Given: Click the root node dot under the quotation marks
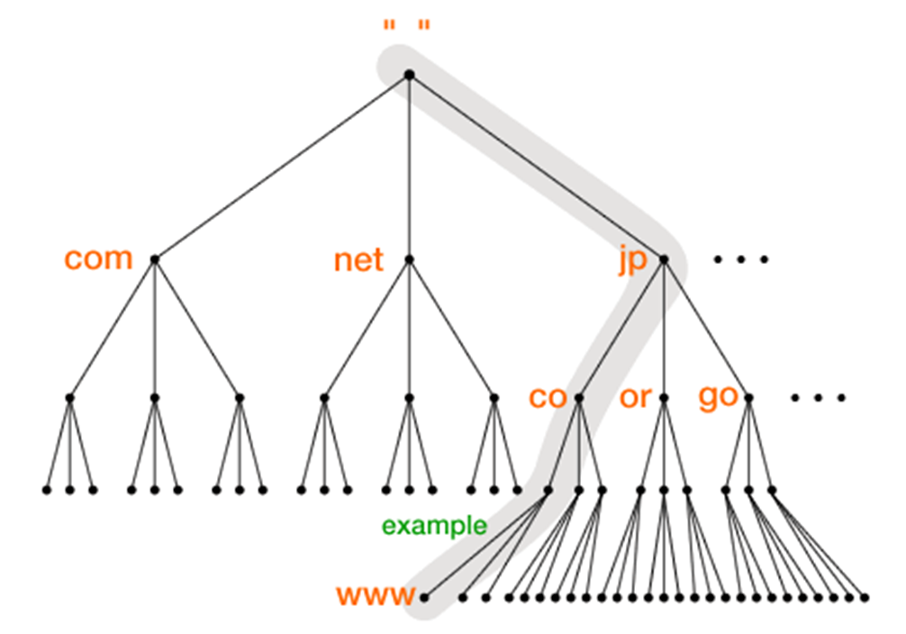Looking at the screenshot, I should [x=409, y=75].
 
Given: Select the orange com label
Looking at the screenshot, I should [x=98, y=258].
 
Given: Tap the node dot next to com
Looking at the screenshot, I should [x=155, y=259].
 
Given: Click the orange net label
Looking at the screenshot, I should [x=358, y=260].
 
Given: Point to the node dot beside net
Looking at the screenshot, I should [x=409, y=259].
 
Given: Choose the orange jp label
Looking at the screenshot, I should [x=633, y=261].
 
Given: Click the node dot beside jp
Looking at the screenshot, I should [x=664, y=259].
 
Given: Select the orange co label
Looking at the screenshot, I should [x=548, y=397].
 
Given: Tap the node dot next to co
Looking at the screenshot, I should [x=579, y=397].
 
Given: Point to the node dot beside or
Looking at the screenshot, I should [x=664, y=397].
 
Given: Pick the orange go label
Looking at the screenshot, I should [x=718, y=398].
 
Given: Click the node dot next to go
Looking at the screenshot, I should [x=748, y=397].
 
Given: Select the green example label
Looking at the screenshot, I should [x=434, y=526].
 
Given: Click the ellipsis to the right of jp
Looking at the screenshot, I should [x=741, y=260].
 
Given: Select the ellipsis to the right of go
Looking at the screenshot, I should [x=817, y=398].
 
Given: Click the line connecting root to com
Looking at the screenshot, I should [x=282, y=167].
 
